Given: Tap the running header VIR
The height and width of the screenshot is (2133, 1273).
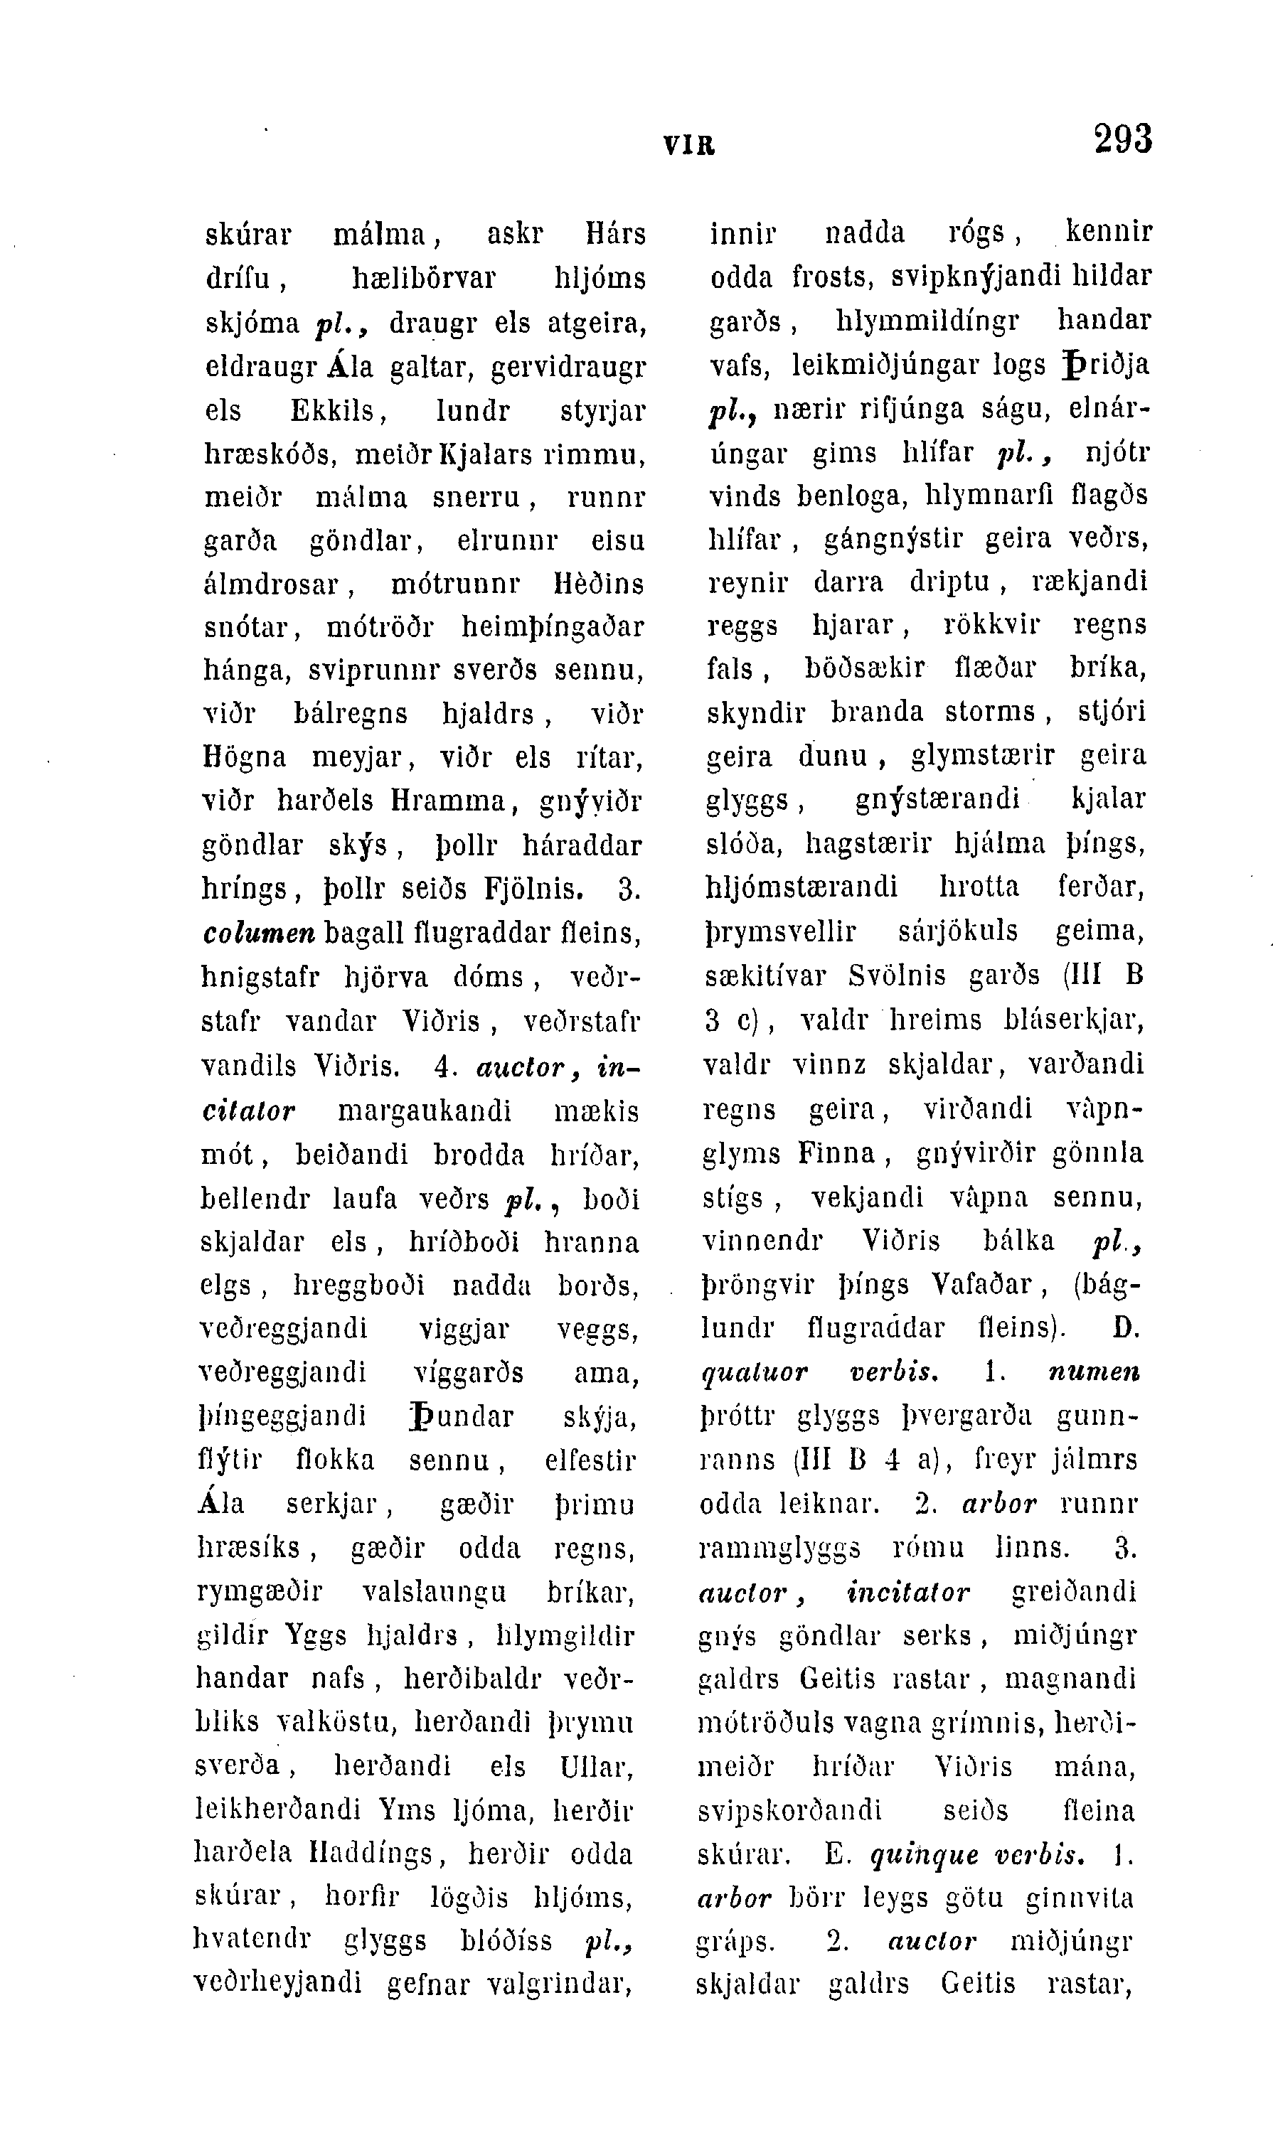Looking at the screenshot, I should (689, 146).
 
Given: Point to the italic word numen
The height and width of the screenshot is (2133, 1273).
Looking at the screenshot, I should (1094, 1372).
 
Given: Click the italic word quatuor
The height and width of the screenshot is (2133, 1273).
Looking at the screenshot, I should (754, 1372).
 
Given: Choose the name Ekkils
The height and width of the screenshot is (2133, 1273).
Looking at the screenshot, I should (332, 411).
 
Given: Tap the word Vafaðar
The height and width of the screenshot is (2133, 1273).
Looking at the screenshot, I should (981, 1284).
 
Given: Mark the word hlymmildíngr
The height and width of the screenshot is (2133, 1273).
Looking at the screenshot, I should (927, 321).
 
